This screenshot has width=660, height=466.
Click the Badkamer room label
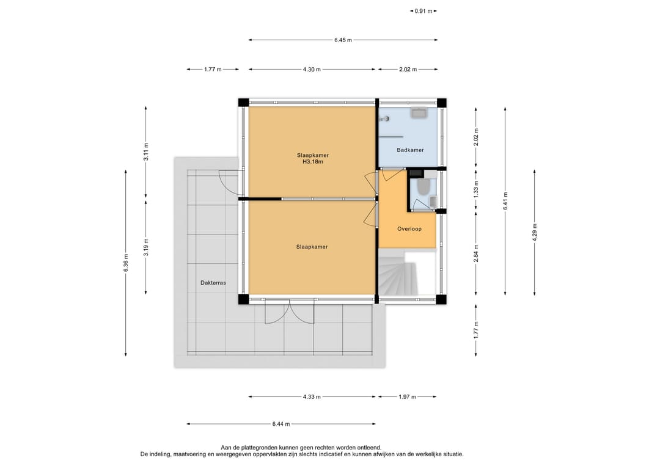(410, 150)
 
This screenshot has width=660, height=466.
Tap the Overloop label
(409, 229)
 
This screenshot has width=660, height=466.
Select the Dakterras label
(213, 283)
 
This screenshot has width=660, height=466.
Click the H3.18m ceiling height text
(313, 161)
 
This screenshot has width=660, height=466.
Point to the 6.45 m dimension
(343, 40)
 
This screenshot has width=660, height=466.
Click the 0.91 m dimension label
(424, 12)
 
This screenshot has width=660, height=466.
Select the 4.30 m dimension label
(312, 70)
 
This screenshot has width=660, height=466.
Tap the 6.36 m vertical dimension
(126, 263)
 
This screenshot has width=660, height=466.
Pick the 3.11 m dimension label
(146, 152)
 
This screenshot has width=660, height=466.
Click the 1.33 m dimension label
(476, 189)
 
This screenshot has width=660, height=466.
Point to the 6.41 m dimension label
(505, 200)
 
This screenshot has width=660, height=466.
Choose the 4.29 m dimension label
(535, 232)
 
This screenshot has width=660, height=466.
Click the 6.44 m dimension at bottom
(281, 424)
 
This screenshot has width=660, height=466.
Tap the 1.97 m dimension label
(407, 396)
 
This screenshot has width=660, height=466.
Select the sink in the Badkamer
(419, 112)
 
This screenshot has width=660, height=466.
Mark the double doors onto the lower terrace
(290, 311)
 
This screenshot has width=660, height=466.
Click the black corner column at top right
(442, 103)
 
